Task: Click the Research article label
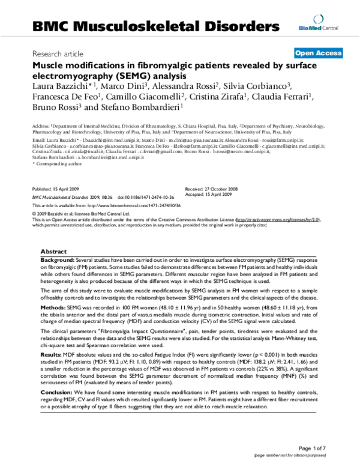pos(58,53)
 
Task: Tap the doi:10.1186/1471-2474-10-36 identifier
pos(141,196)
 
